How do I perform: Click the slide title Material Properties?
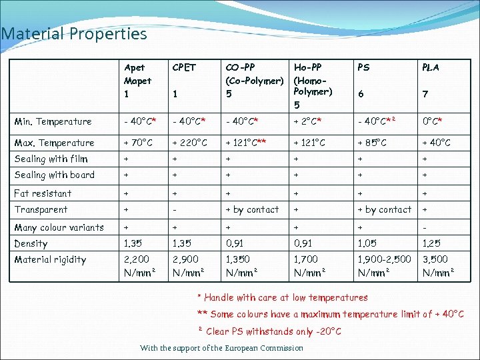(74, 33)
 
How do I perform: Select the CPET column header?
(184, 67)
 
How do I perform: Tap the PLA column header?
(431, 67)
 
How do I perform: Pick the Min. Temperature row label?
(53, 121)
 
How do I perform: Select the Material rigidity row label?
(50, 259)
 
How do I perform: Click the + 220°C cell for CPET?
(189, 143)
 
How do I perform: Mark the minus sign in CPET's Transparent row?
(175, 209)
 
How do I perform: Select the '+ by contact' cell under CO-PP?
(252, 209)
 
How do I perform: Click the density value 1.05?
(368, 243)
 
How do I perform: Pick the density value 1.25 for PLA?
(432, 243)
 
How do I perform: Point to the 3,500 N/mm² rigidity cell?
(437, 265)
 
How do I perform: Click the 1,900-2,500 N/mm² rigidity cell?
(385, 265)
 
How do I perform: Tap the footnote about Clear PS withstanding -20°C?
(269, 331)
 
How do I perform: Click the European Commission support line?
(221, 348)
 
